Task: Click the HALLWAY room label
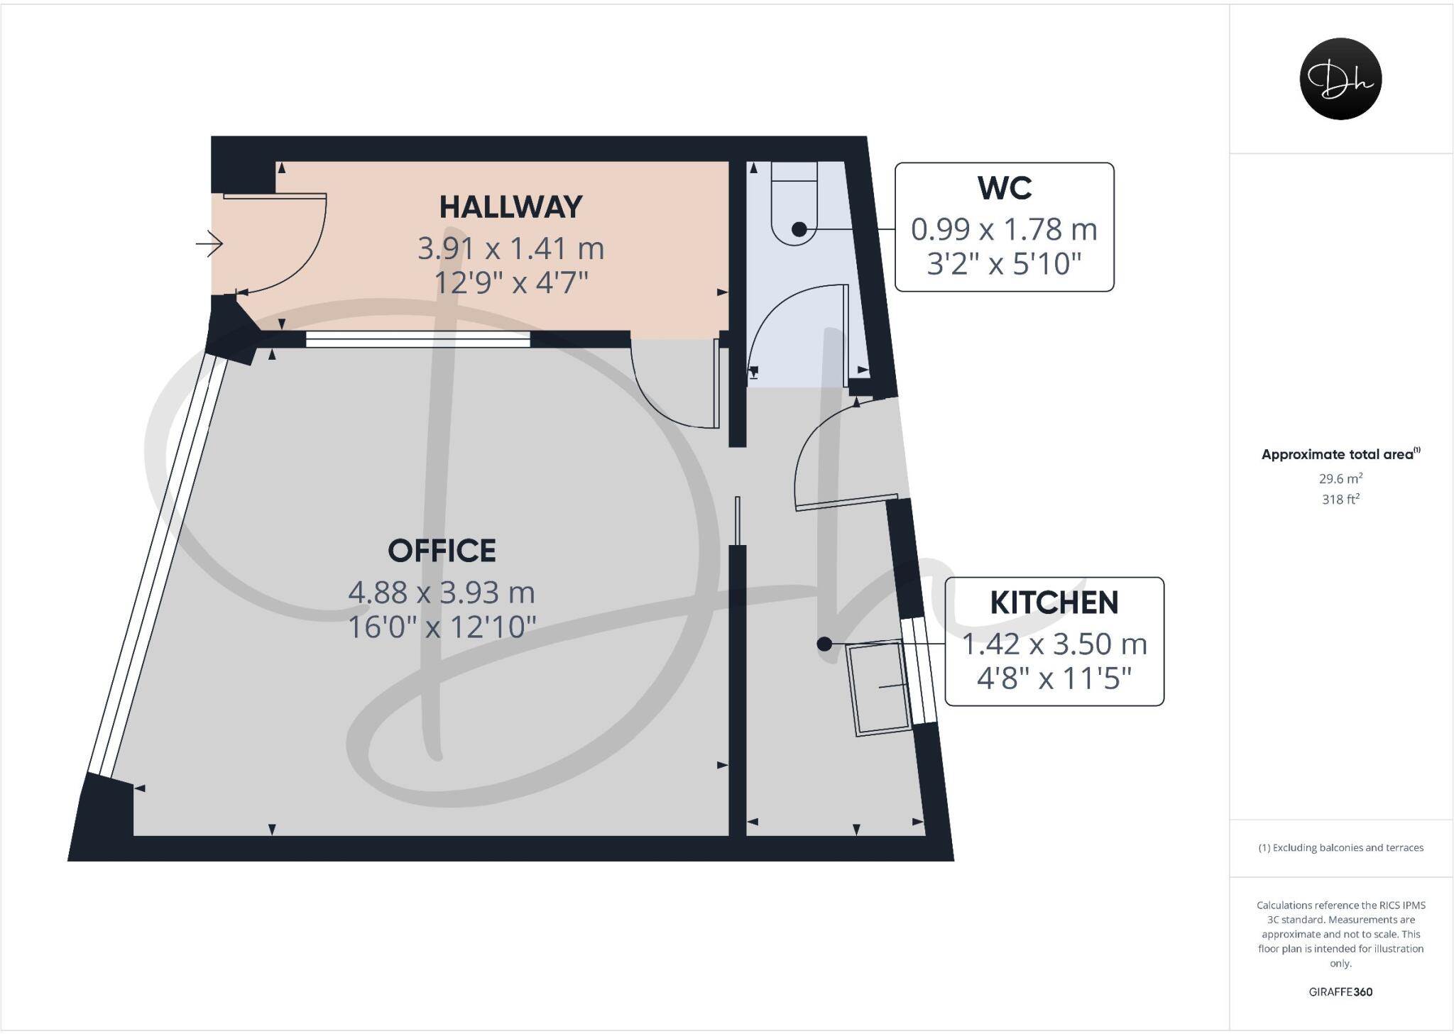coord(510,207)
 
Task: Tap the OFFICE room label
coord(442,551)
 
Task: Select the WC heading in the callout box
coord(1004,188)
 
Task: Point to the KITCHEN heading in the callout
coord(1054,603)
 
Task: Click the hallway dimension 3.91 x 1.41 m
coord(510,248)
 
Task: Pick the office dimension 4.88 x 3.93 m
coord(442,592)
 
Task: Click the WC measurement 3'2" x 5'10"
coord(1004,264)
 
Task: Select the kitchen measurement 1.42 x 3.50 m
coord(1054,644)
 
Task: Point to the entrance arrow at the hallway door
coord(209,244)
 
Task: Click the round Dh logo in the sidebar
coord(1340,79)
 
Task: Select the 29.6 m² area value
coord(1340,478)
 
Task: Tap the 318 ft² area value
coord(1340,500)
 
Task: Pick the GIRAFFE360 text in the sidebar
coord(1340,992)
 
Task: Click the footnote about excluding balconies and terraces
coord(1340,847)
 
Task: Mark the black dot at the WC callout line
coord(799,229)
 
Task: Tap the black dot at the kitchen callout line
coord(824,644)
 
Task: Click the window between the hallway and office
coord(417,339)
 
